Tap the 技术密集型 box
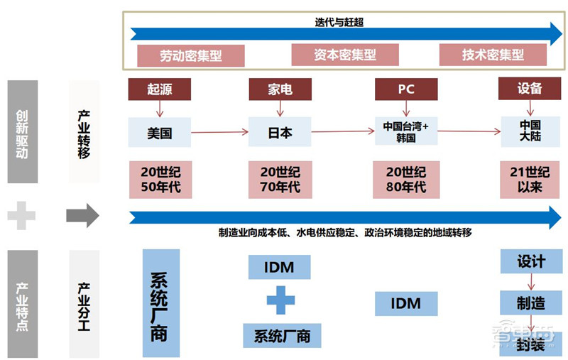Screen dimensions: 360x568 [x=493, y=55]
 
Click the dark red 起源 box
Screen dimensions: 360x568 [x=159, y=89]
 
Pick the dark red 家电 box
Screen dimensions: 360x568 [x=280, y=89]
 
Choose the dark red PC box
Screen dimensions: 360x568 [x=405, y=89]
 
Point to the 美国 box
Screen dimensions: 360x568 [x=159, y=133]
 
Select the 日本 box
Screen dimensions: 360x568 [x=280, y=133]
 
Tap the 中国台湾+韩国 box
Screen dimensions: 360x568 [x=406, y=132]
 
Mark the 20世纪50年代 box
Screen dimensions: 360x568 [x=159, y=180]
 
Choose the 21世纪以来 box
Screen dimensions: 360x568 [x=530, y=180]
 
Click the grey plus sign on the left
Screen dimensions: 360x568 [x=21, y=216]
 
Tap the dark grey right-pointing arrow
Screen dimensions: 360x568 [x=82, y=216]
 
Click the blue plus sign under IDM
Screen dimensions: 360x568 [x=280, y=300]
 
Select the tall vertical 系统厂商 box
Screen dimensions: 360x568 [x=160, y=303]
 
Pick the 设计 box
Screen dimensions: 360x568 [x=530, y=261]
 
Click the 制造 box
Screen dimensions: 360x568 [x=530, y=303]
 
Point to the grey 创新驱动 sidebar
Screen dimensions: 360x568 [x=22, y=132]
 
